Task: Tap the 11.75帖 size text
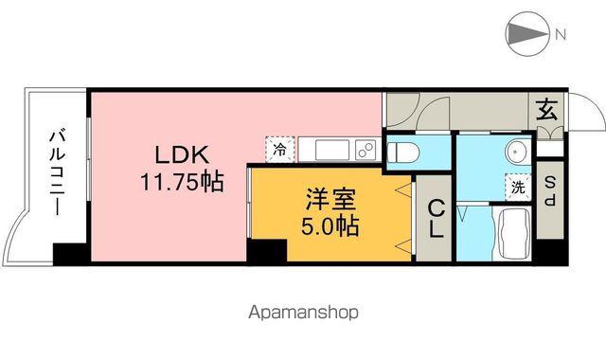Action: tap(182, 181)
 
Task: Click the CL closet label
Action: tap(435, 217)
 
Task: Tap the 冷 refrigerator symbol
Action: tap(279, 149)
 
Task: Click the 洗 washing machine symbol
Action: tap(519, 187)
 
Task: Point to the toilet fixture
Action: tap(401, 150)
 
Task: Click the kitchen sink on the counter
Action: tap(331, 150)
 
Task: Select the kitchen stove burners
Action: tap(365, 150)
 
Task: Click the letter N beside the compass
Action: tap(561, 36)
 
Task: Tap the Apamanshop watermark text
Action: tap(303, 311)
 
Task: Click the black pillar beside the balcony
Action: tap(70, 255)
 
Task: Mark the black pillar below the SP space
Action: tap(549, 253)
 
